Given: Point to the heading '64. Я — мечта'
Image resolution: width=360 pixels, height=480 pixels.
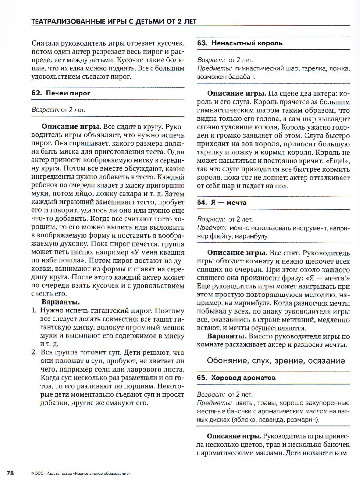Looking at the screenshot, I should click(222, 202).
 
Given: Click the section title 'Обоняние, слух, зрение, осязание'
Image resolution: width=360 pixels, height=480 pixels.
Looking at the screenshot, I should click(276, 361).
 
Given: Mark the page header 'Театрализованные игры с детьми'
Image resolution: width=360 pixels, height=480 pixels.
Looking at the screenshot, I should click(114, 22).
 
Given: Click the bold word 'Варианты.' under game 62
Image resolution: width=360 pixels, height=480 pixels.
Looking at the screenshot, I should click(61, 302).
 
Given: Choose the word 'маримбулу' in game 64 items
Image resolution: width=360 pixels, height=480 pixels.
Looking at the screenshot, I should click(251, 236).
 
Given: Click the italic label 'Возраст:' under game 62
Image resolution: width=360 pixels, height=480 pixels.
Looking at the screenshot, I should click(45, 109).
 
